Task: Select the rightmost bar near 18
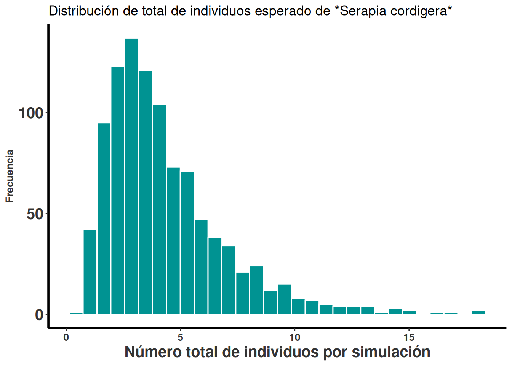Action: (x=478, y=312)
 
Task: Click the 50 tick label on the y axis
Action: (x=35, y=214)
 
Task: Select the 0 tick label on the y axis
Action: (x=39, y=315)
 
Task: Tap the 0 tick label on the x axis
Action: (x=66, y=337)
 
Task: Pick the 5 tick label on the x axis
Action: (x=181, y=337)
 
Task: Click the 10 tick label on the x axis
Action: (x=294, y=337)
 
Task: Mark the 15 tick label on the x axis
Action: (x=409, y=337)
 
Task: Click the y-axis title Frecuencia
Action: (x=10, y=176)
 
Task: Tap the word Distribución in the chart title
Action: (x=84, y=11)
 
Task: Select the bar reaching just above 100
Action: (x=159, y=209)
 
